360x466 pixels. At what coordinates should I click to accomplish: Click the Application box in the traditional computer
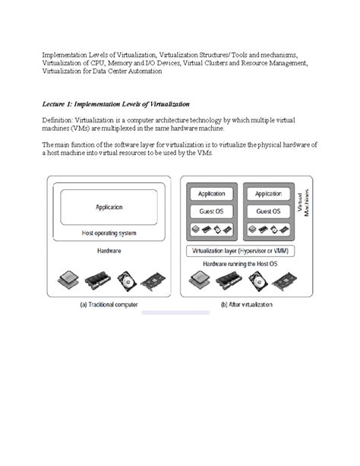click(x=109, y=206)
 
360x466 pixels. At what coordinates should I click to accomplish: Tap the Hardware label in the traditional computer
click(x=109, y=249)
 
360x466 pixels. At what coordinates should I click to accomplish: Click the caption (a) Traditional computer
click(x=109, y=305)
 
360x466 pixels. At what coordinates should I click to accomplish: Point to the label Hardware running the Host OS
click(x=241, y=263)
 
